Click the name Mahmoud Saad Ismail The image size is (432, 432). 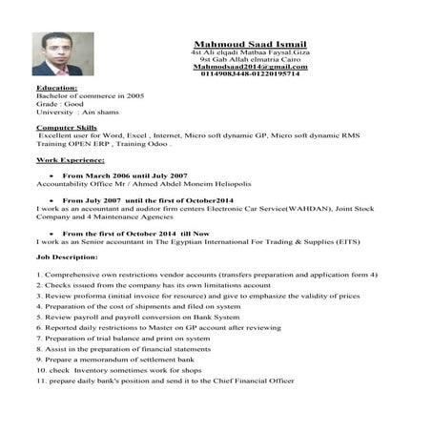(x=249, y=45)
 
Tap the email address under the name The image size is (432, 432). (x=249, y=69)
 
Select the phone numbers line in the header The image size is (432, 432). (x=249, y=76)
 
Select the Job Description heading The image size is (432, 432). (x=66, y=257)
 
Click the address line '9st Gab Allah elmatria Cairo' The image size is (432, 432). (x=249, y=61)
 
